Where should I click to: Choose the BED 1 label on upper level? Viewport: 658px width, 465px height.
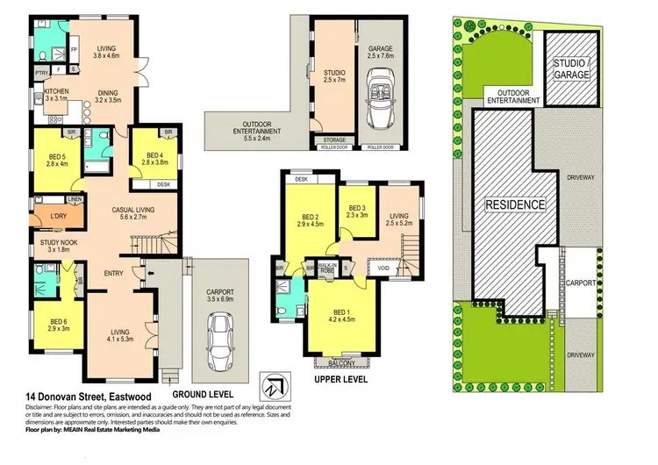tap(340, 312)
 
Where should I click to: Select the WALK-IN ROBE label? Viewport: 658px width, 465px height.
tap(328, 267)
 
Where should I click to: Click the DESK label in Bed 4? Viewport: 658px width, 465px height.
tap(163, 184)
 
